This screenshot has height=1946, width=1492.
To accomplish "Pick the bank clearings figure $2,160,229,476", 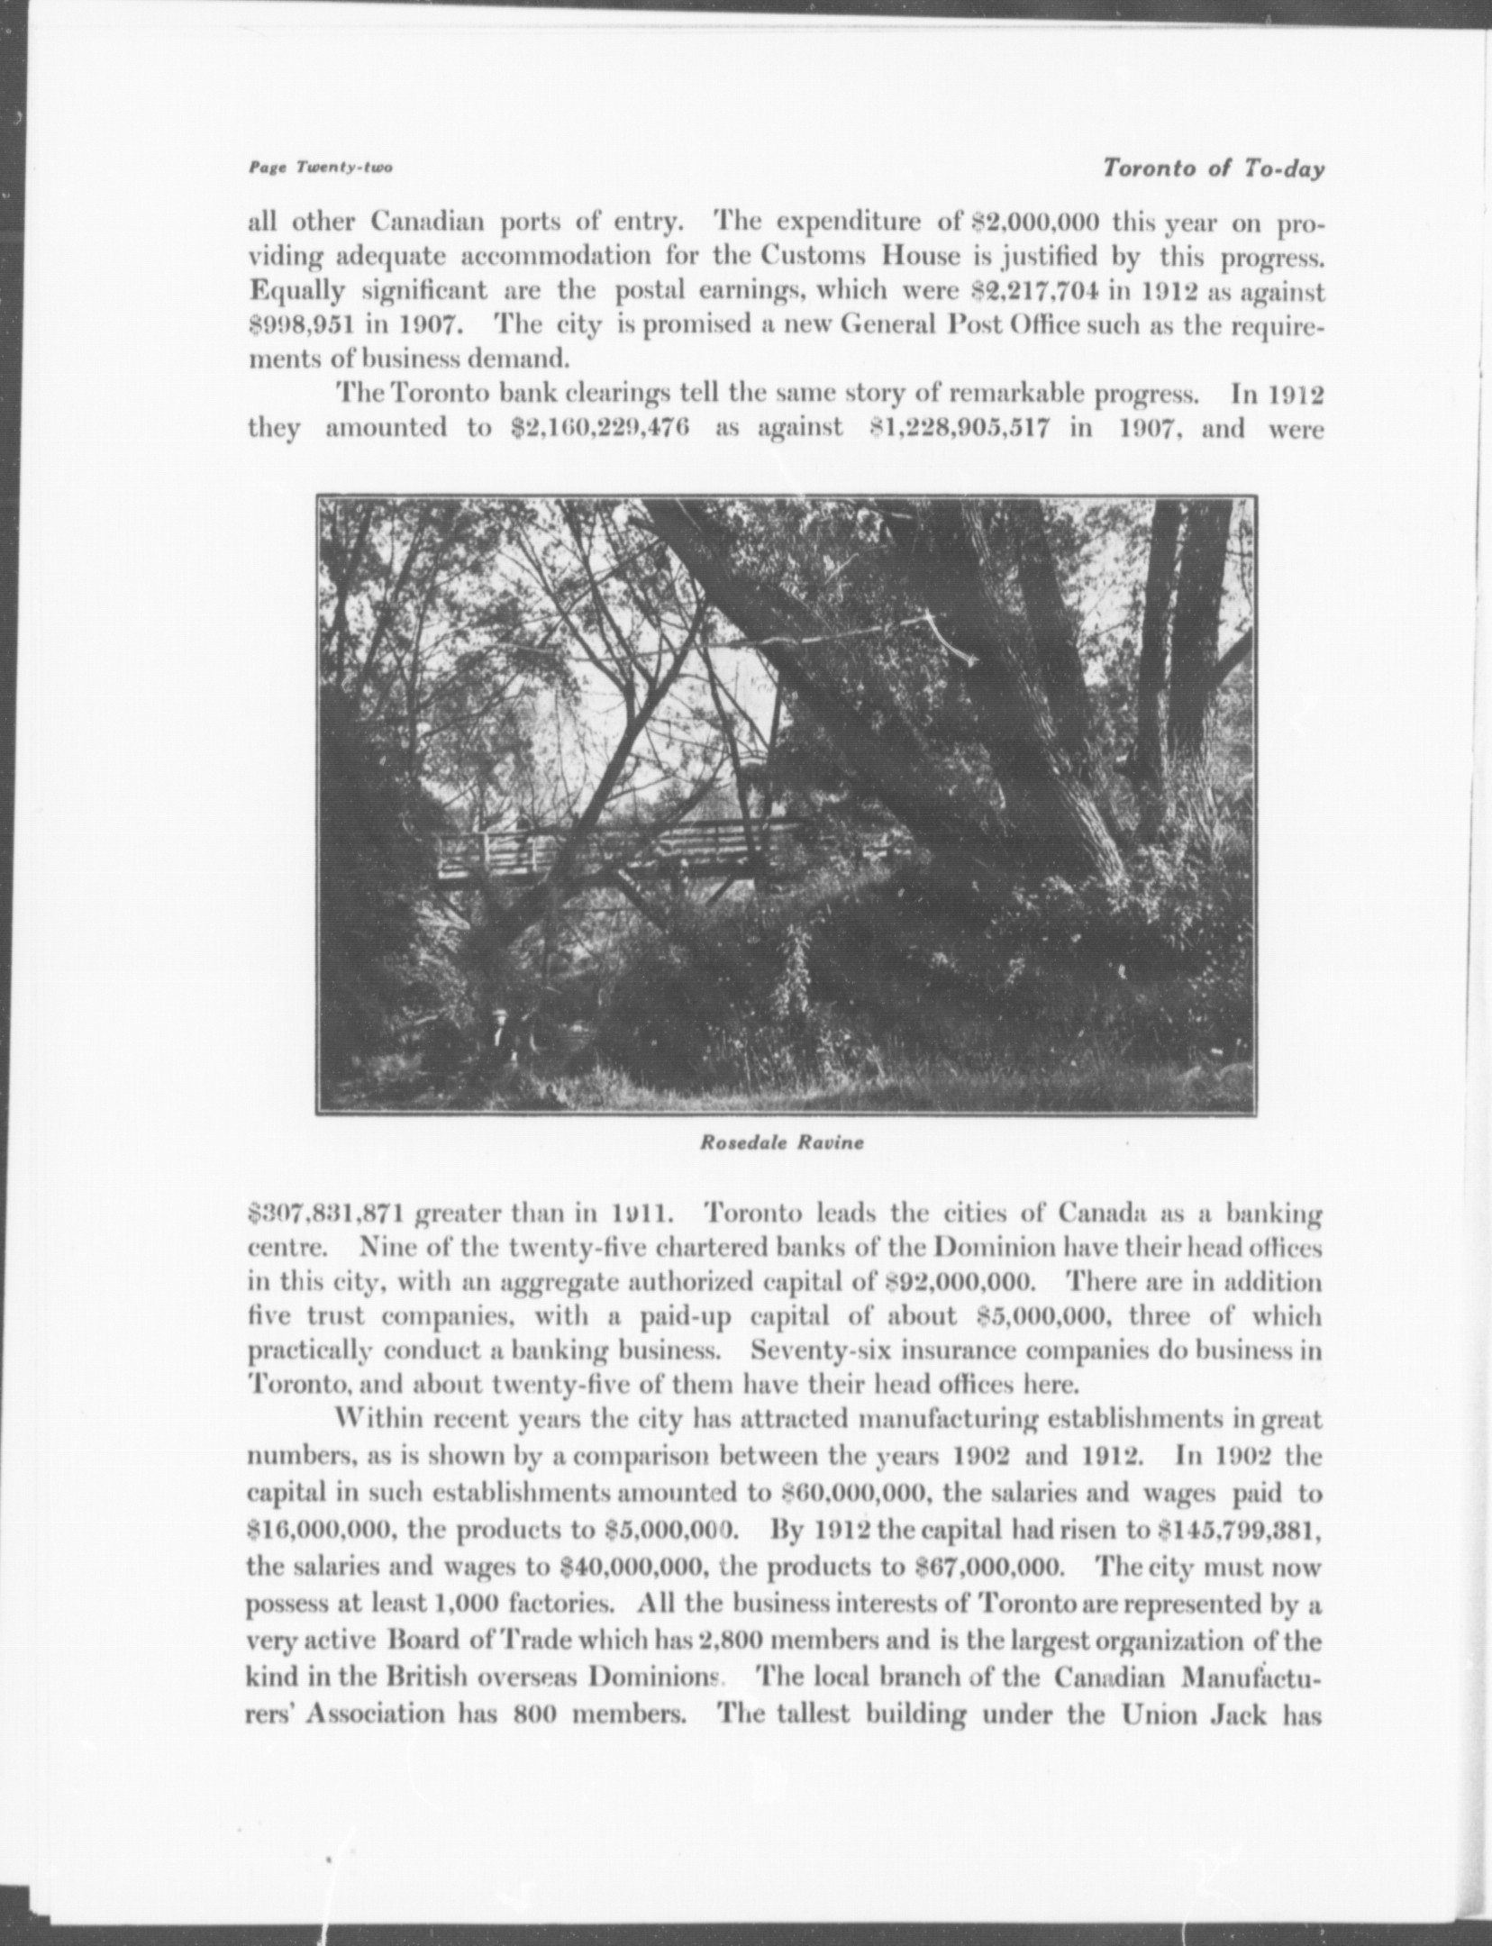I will click(599, 427).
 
